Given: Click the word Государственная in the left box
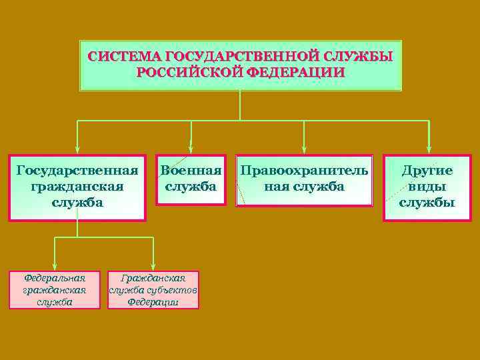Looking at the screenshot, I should (77, 170).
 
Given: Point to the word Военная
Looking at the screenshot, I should (191, 170).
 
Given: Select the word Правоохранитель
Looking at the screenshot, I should (304, 170).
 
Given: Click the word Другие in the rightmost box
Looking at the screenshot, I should (427, 170).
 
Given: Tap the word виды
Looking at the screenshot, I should (427, 186).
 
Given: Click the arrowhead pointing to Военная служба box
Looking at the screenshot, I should (191, 150).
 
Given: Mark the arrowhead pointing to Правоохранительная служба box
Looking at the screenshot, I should (304, 150).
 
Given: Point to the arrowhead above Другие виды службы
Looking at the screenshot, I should (429, 150).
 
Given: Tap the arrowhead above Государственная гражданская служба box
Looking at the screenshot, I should (77, 150).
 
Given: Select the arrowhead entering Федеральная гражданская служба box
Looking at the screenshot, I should (55, 267).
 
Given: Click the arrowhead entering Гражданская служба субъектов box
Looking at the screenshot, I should (153, 267).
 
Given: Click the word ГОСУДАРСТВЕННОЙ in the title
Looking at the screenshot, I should (240, 56).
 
